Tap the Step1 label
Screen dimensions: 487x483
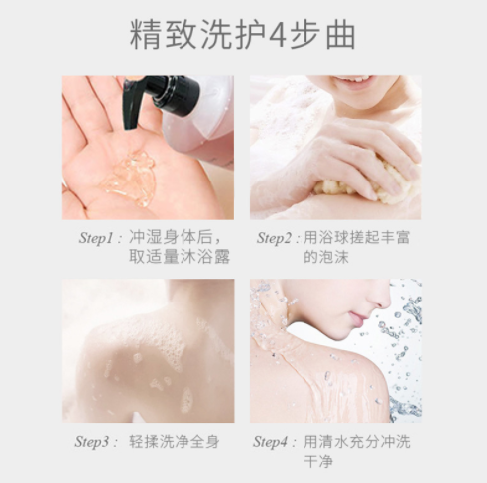coord(96,238)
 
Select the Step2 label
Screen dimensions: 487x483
coord(275,238)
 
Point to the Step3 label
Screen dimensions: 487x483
coord(92,442)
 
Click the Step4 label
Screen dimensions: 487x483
coord(270,442)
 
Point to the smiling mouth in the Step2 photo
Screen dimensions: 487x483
coord(352,81)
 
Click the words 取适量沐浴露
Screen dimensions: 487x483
coord(180,256)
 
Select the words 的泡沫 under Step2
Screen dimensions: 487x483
coord(326,256)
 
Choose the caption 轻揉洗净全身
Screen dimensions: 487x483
coord(175,442)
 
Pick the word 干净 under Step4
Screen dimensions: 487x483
coord(318,461)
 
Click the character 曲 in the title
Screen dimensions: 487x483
coord(340,35)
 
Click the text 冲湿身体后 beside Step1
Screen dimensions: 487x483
coord(171,237)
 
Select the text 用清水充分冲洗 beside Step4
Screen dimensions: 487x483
coord(357,442)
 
